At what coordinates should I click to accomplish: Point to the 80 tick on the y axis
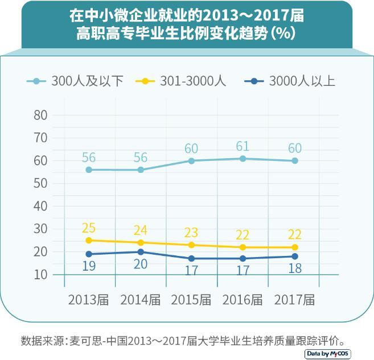(x=40, y=115)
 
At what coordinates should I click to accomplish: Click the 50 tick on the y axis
(x=40, y=183)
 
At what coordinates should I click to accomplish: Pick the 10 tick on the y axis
(x=40, y=275)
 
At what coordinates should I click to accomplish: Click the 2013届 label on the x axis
(x=88, y=300)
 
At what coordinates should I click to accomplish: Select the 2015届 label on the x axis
(x=191, y=300)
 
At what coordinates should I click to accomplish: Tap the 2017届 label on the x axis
(x=294, y=300)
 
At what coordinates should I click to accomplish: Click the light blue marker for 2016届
(x=243, y=159)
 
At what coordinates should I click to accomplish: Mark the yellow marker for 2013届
(x=89, y=241)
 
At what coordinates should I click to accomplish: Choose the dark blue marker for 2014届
(x=141, y=252)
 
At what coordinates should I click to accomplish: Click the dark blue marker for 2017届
(x=295, y=256)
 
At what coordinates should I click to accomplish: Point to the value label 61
(x=243, y=146)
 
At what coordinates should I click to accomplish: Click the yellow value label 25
(x=89, y=228)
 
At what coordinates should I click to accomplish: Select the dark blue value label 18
(x=295, y=268)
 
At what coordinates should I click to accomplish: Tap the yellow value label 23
(x=192, y=233)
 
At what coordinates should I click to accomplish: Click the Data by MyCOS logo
(x=328, y=353)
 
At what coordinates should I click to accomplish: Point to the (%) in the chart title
(x=282, y=33)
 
